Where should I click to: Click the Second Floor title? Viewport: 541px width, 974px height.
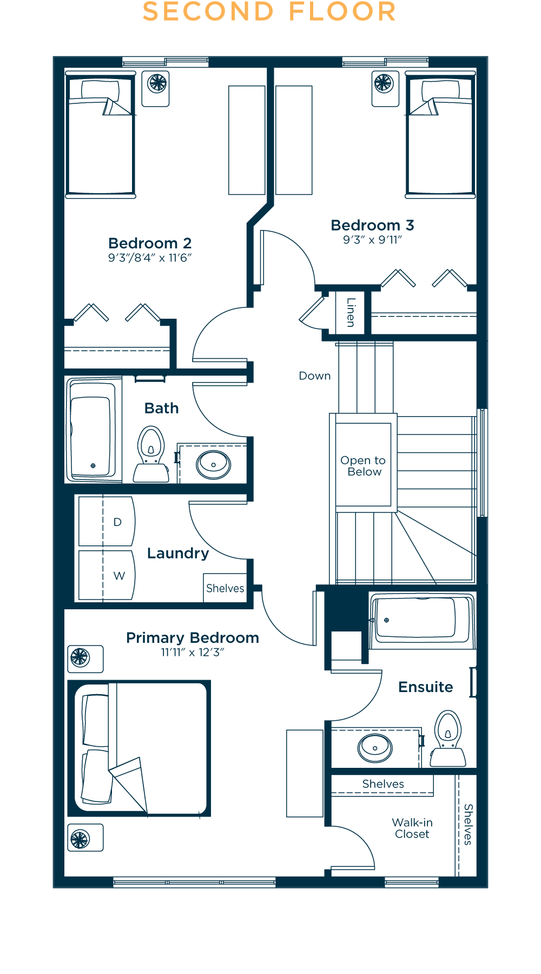(x=269, y=12)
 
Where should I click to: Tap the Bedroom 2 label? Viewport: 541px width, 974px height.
(x=150, y=243)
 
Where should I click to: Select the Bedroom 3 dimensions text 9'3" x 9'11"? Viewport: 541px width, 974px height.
(x=372, y=240)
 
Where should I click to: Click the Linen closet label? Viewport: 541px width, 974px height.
(x=351, y=312)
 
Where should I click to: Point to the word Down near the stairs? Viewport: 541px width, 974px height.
(x=315, y=376)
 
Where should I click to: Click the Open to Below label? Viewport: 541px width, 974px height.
(x=363, y=466)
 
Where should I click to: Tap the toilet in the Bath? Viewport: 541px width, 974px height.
(x=151, y=455)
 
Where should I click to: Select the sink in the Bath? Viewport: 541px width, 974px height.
(x=213, y=464)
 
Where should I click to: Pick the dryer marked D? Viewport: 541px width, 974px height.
(x=107, y=521)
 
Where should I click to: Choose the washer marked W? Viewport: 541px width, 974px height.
(x=107, y=575)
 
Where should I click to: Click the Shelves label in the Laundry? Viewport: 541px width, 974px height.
(x=225, y=588)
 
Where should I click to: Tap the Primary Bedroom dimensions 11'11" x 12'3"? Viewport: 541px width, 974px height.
(x=192, y=652)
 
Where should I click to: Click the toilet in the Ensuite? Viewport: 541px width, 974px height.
(x=448, y=739)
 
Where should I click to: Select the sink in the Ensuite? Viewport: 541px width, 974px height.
(x=375, y=748)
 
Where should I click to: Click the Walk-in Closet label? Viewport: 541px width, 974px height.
(x=412, y=828)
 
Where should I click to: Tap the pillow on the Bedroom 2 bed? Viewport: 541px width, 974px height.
(x=100, y=89)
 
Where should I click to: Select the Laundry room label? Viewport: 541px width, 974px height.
(x=178, y=554)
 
